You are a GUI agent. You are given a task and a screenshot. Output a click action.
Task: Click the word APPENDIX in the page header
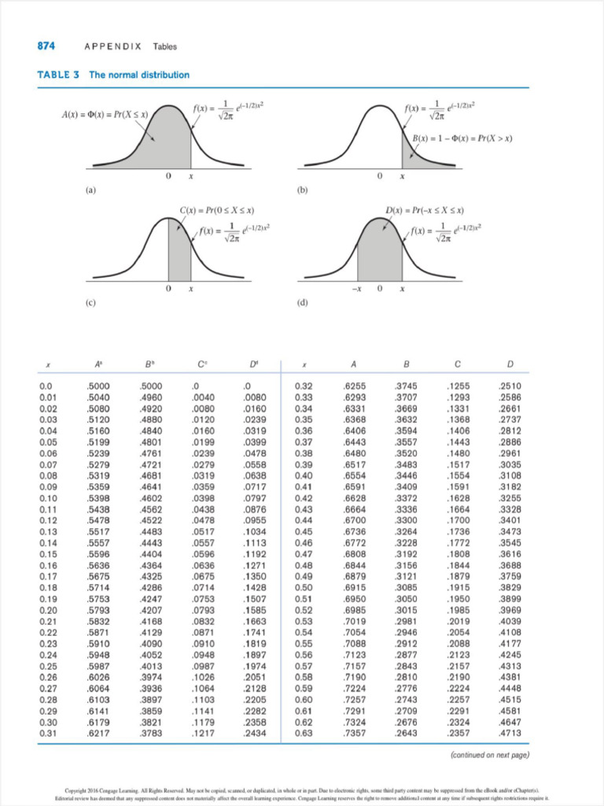coord(112,46)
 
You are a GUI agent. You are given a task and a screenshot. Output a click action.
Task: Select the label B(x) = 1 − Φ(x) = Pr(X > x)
coord(463,139)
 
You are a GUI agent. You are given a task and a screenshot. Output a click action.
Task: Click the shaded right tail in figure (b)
coord(411,157)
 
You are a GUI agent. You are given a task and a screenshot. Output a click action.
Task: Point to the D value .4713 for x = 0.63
coord(511,734)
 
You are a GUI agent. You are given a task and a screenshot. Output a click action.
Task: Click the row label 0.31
coord(49,734)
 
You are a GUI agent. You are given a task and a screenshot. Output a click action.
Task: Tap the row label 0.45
coord(303,532)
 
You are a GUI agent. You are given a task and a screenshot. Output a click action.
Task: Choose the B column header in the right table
coord(406,365)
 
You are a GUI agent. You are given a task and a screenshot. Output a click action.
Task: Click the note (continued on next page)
coord(488,755)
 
